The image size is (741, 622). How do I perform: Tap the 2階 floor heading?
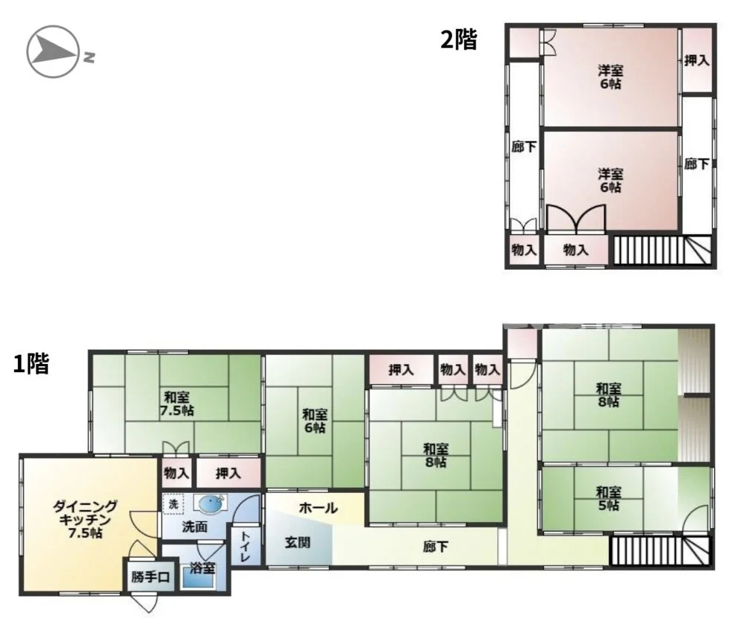tap(459, 40)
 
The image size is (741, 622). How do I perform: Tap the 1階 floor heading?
tap(31, 364)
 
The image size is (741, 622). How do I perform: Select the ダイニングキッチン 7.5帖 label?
tap(85, 520)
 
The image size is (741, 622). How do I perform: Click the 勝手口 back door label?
tap(150, 577)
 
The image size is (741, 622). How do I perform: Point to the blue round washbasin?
tap(210, 504)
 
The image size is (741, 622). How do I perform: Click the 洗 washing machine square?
tap(173, 504)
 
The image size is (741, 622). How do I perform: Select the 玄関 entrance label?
tap(298, 543)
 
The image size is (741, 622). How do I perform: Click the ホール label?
tap(319, 508)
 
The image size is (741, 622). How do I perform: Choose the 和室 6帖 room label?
tap(315, 421)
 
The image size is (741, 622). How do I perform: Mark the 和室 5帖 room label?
tap(608, 499)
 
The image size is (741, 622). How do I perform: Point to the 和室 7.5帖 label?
tap(177, 403)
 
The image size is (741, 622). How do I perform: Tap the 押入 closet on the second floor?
tap(697, 61)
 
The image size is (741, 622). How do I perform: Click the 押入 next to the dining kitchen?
tap(228, 473)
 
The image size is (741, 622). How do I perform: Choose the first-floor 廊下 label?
tap(435, 547)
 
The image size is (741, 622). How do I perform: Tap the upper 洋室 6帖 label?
tap(611, 78)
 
